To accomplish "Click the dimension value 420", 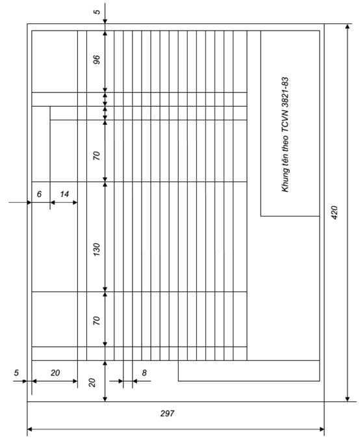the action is pyautogui.click(x=335, y=212).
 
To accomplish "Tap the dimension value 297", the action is pyautogui.click(x=168, y=413).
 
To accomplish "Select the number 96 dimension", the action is pyautogui.click(x=96, y=60).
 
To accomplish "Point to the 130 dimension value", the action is pyautogui.click(x=96, y=250).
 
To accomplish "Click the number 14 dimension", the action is pyautogui.click(x=64, y=194).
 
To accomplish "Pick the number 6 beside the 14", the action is pyautogui.click(x=40, y=194).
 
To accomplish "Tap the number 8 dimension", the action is pyautogui.click(x=144, y=373).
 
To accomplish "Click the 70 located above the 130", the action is pyautogui.click(x=96, y=155).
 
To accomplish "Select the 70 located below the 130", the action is pyautogui.click(x=96, y=321).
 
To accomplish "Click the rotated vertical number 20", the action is pyautogui.click(x=92, y=382).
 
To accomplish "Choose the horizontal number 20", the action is pyautogui.click(x=55, y=373).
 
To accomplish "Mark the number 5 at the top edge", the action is pyautogui.click(x=97, y=12).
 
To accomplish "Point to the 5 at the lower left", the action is pyautogui.click(x=16, y=373).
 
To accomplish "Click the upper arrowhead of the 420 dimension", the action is pyautogui.click(x=348, y=27).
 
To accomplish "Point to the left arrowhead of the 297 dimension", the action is pyautogui.click(x=30, y=429).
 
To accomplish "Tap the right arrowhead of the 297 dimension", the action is pyautogui.click(x=321, y=429).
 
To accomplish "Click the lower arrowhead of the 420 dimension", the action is pyautogui.click(x=348, y=399).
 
